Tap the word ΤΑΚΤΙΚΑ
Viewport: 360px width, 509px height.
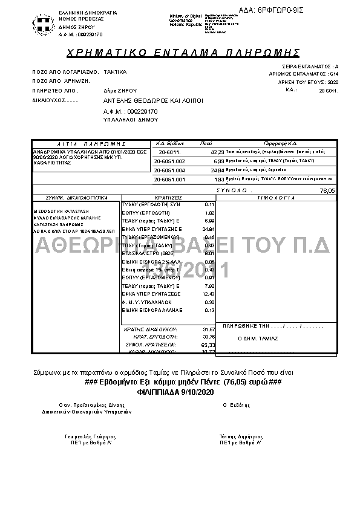(x=116, y=71)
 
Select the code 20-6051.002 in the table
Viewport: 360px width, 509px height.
(x=169, y=162)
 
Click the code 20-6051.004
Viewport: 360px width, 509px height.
(x=169, y=171)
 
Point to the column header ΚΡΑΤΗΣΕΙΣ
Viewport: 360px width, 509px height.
(x=168, y=198)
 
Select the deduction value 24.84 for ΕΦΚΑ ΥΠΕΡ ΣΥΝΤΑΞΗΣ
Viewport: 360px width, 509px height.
(x=209, y=230)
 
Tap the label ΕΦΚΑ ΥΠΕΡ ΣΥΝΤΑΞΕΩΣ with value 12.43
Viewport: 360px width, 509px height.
(x=152, y=293)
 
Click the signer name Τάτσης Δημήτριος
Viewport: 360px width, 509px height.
(x=241, y=436)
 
